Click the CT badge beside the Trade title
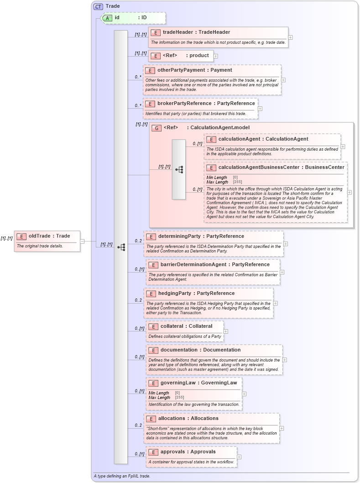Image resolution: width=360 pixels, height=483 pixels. [x=98, y=6]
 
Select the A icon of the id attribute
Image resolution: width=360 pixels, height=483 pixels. [x=107, y=18]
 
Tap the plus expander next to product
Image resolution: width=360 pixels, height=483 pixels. [x=216, y=56]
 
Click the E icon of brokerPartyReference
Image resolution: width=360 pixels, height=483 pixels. [x=150, y=104]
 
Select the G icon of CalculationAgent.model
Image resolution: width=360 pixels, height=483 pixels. [x=156, y=128]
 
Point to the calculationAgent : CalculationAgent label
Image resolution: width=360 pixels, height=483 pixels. [x=263, y=139]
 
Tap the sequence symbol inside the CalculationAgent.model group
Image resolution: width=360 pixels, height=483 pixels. [x=179, y=169]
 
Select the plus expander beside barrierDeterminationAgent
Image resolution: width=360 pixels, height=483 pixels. [x=282, y=272]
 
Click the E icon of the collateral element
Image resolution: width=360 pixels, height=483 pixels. [x=153, y=326]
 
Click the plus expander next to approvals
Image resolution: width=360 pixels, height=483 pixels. [x=239, y=457]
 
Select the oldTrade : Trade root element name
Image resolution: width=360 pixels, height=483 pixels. [x=49, y=236]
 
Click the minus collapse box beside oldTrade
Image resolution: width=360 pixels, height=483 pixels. [x=82, y=241]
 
